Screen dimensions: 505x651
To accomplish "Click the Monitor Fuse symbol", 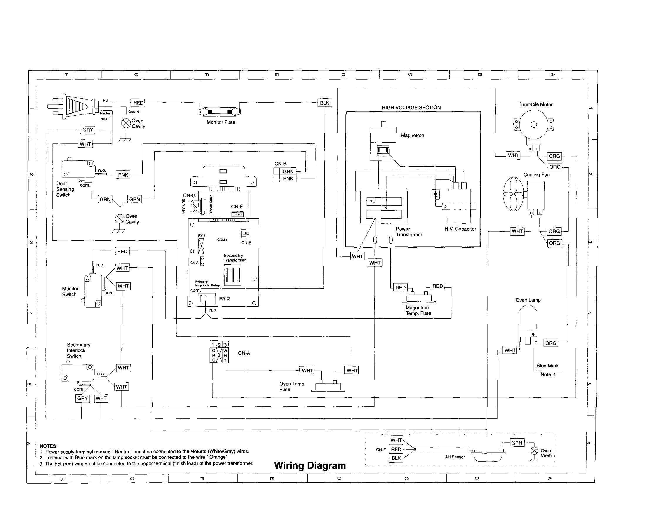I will click(220, 112).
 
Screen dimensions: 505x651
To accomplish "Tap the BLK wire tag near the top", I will click(324, 103).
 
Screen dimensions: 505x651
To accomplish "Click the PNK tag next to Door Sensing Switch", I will click(123, 175).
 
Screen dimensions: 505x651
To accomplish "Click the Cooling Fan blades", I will click(513, 194).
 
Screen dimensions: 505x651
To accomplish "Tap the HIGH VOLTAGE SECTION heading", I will click(411, 108).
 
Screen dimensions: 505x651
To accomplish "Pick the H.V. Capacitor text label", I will click(460, 229).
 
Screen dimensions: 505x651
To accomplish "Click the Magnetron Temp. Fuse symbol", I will click(419, 298).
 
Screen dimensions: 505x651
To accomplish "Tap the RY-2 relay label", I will click(225, 299).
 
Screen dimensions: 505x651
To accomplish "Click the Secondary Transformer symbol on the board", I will click(232, 275).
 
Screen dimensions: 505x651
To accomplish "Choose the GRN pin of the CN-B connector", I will click(288, 172).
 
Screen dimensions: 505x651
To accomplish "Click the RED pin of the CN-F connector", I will click(396, 449).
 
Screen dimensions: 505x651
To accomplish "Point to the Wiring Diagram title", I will click(310, 465).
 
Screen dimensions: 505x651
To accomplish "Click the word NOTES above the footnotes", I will click(48, 446).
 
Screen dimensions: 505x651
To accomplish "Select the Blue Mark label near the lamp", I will click(547, 366).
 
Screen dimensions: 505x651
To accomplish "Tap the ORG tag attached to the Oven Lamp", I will click(550, 343).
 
